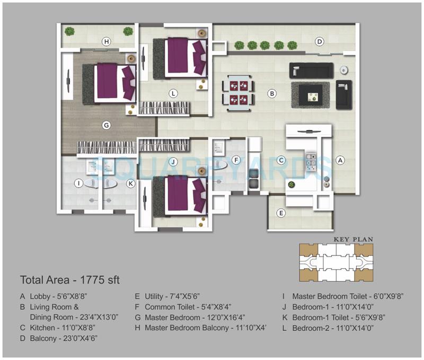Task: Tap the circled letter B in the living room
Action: (x=272, y=94)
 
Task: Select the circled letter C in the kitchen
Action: (x=282, y=160)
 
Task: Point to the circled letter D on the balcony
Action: (x=320, y=41)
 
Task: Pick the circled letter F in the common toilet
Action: (x=236, y=160)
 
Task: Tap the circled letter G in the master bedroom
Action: (x=106, y=125)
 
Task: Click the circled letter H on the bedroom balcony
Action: (x=107, y=42)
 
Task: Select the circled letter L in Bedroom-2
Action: (x=173, y=93)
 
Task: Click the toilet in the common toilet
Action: (x=223, y=165)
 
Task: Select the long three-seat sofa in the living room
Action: (x=312, y=71)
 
